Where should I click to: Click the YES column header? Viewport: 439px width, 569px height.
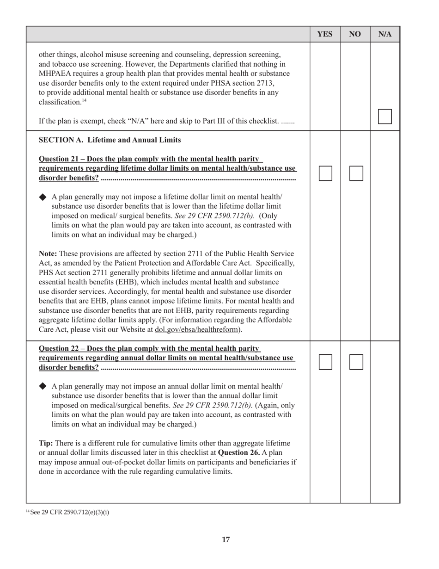(325, 34)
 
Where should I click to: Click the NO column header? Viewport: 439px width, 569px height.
(355, 34)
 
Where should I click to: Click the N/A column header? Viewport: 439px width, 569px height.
(385, 34)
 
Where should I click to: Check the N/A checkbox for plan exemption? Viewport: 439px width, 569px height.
(384, 117)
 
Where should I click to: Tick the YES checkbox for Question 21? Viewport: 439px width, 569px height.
(325, 173)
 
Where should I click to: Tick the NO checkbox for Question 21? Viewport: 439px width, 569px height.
(356, 173)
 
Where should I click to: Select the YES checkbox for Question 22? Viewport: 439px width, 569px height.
(325, 362)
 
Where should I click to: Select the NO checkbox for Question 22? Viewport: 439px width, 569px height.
(356, 362)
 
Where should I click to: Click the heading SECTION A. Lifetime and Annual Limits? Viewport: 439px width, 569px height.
(110, 140)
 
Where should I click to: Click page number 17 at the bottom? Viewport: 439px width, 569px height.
(226, 539)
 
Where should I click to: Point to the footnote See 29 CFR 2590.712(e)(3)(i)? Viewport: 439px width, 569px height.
(69, 512)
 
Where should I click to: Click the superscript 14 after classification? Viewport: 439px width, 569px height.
(84, 100)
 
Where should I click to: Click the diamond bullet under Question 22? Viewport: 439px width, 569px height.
(43, 386)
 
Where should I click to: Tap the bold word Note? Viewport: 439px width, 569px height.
(49, 254)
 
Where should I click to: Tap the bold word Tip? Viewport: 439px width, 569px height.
(46, 443)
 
